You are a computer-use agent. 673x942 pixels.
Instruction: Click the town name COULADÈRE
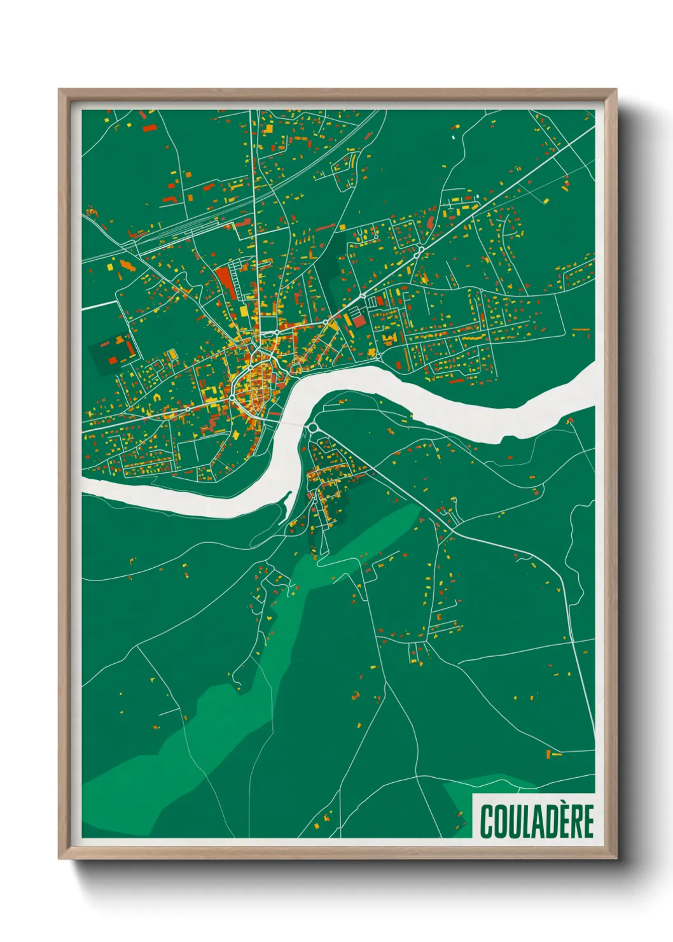(536, 821)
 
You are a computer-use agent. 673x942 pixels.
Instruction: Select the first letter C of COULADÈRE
(487, 822)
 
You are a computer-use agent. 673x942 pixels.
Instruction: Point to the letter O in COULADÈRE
(501, 822)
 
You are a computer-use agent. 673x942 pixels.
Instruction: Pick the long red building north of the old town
(225, 281)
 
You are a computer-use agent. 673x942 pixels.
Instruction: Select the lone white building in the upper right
(454, 136)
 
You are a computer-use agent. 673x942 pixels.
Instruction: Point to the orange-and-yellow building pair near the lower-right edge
(553, 754)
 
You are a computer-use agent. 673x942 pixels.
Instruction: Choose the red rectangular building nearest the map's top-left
(149, 128)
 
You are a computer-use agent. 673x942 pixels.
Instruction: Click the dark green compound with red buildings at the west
(113, 353)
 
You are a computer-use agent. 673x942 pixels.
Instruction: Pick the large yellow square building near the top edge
(268, 129)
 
